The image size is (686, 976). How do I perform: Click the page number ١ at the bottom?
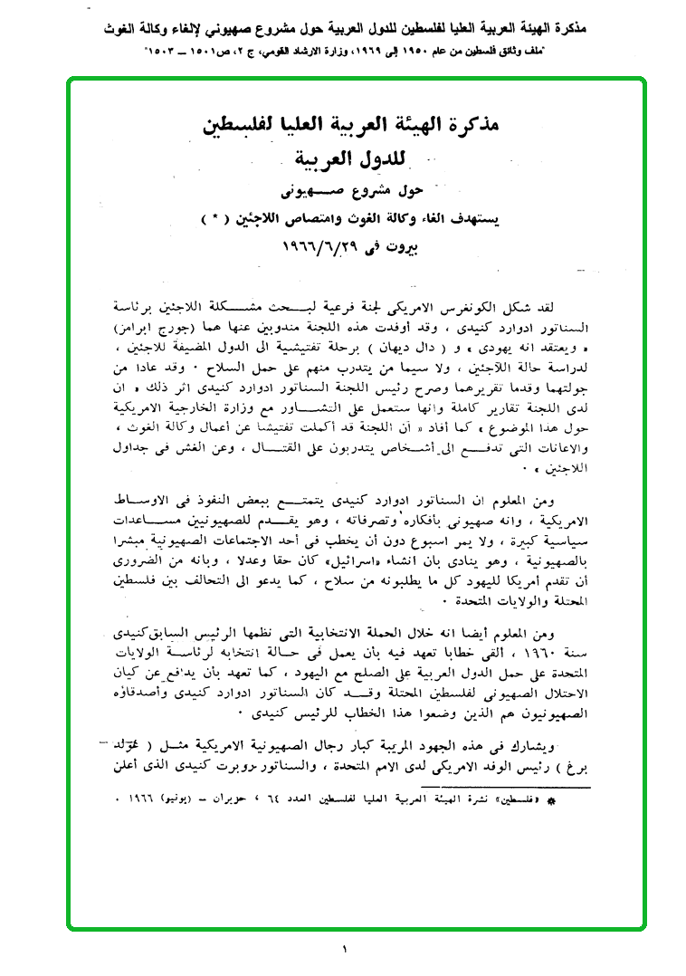[x=345, y=950]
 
